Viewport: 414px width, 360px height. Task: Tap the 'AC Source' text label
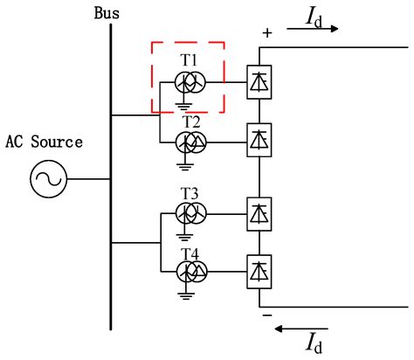44,142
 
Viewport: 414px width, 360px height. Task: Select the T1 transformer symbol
190,81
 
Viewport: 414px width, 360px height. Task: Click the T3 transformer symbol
190,212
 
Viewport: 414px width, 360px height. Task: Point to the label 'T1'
190,59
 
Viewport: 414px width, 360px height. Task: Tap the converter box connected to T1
259,81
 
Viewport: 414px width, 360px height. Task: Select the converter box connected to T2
259,140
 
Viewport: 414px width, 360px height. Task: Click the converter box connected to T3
259,212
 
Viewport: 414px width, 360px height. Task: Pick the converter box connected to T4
259,270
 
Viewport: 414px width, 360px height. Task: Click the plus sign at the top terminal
266,32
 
